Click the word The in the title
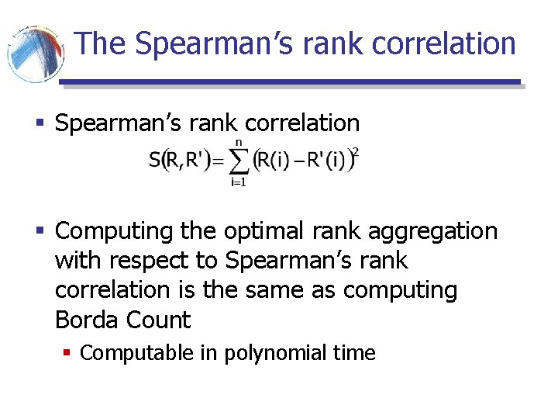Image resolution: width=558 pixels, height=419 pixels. pos(102,43)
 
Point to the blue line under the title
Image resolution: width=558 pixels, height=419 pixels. pos(290,81)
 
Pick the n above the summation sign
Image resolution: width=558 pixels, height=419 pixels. pos(239,141)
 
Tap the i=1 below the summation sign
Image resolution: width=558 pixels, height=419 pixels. pos(238,182)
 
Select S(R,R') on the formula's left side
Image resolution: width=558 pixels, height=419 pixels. pos(180,161)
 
